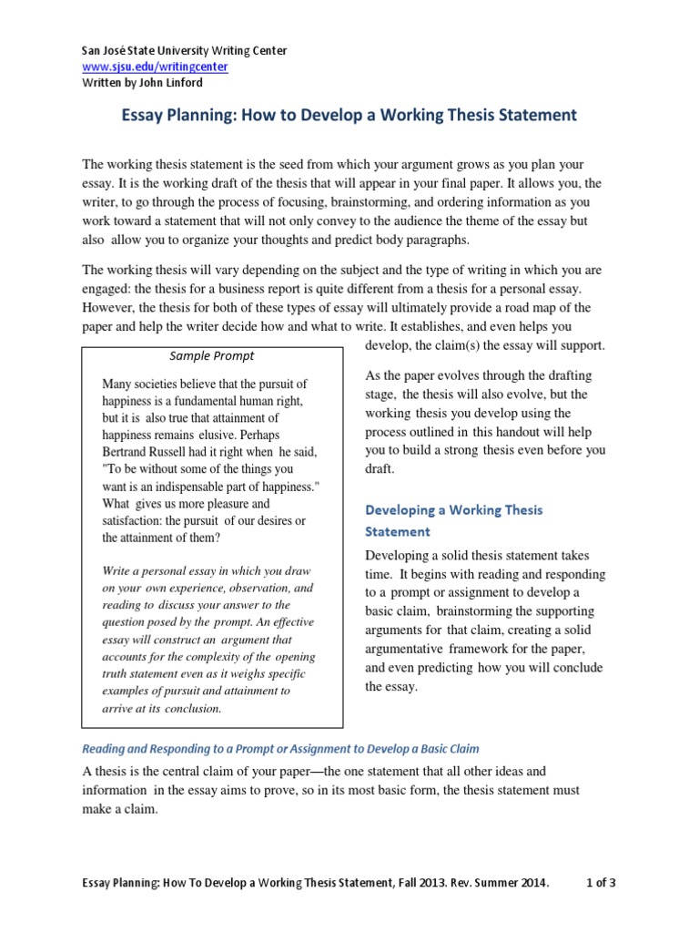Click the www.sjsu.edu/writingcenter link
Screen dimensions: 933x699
tap(155, 67)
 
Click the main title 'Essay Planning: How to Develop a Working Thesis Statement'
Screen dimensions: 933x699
tap(349, 116)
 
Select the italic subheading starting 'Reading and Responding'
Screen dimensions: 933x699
tap(280, 748)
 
